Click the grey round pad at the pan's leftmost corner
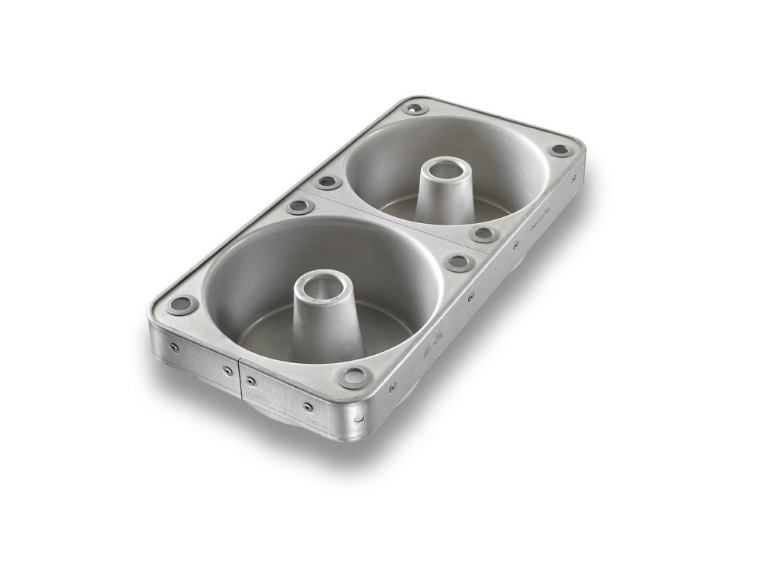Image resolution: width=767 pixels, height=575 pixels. pos(181,304)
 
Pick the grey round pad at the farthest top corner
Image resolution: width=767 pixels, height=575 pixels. pos(413,109)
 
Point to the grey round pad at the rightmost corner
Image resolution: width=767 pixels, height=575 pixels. pos(559,149)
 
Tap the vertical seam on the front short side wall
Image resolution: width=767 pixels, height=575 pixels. pos(240,378)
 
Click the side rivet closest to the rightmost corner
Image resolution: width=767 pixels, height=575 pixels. pos(572,178)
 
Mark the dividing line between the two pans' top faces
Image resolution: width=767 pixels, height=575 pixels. pos(389,217)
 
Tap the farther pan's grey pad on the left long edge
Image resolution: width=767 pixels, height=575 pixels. pos(327,182)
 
